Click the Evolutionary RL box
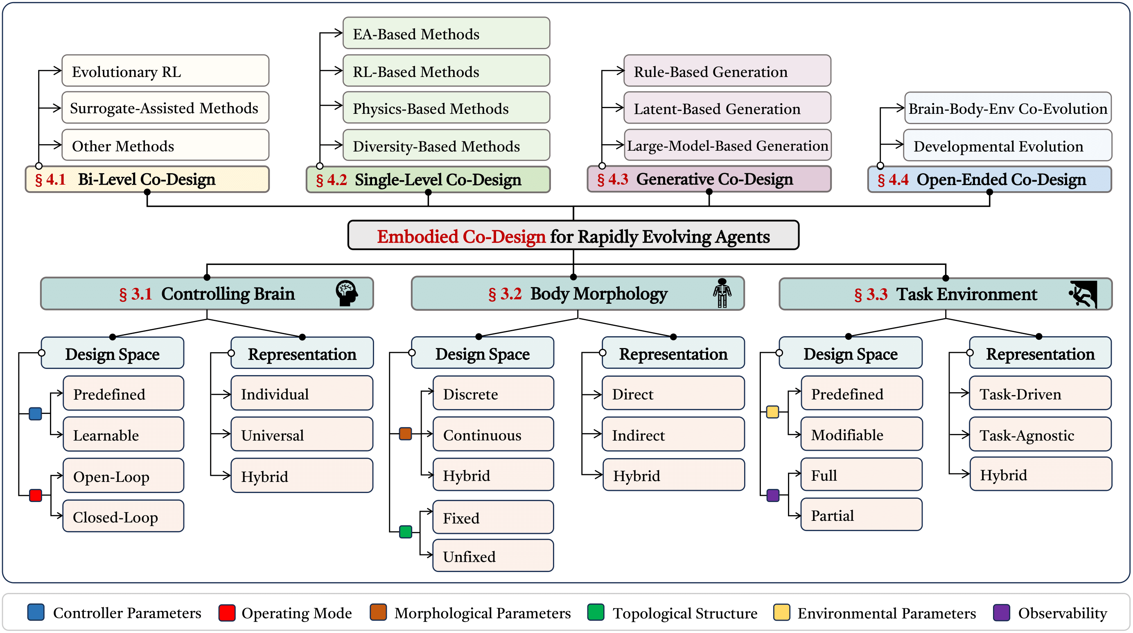click(165, 71)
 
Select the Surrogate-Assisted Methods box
click(165, 108)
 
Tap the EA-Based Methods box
click(446, 34)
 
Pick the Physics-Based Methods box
click(446, 108)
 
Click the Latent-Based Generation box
click(727, 108)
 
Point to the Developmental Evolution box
click(1007, 145)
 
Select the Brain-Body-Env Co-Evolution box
click(1007, 108)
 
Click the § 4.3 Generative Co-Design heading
click(709, 179)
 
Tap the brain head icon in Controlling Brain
click(347, 293)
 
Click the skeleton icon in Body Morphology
click(722, 293)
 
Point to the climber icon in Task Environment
click(1083, 294)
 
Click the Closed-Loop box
click(124, 516)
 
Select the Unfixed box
click(493, 556)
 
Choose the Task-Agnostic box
click(1040, 434)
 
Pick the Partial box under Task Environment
click(861, 515)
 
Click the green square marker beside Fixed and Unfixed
click(406, 532)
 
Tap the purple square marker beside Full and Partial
click(773, 495)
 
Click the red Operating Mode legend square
click(226, 613)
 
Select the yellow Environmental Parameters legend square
click(781, 613)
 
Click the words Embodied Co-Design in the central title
click(461, 236)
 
